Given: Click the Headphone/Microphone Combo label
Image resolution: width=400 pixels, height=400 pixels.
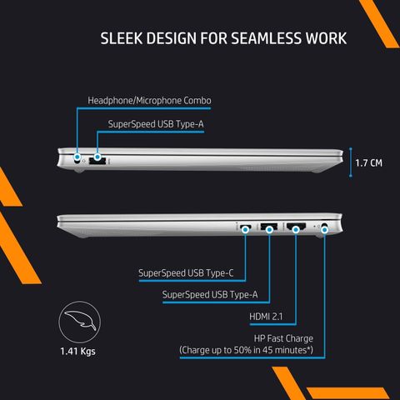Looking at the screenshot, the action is coord(149,101).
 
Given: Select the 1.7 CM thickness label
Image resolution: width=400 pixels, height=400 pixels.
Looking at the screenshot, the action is coord(368,163).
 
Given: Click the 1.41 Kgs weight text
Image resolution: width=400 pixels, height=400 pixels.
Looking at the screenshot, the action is coord(77,352).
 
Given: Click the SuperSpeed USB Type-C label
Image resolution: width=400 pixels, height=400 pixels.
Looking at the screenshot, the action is coord(186,273).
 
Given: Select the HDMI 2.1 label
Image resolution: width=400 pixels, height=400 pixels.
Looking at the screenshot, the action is coord(266,317).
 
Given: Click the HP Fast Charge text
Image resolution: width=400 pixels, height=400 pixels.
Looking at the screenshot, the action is coord(283,338).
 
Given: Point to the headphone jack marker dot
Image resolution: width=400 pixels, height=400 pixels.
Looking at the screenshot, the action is coord(77,157).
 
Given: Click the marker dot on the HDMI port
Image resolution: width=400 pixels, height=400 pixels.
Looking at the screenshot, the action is coord(296,229).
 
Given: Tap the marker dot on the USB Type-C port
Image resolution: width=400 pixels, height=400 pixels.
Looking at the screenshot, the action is coord(245,230).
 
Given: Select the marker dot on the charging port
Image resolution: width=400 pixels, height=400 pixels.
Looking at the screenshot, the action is coord(324,230).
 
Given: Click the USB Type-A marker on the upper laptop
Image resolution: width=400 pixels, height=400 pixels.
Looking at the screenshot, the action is coord(97,157).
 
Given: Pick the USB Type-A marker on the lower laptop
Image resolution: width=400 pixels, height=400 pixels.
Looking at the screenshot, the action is coord(269,230).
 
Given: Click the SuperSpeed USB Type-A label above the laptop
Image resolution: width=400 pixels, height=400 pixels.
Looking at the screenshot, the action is coord(156,124).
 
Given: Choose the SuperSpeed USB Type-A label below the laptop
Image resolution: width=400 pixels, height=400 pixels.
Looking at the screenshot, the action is coord(210,294).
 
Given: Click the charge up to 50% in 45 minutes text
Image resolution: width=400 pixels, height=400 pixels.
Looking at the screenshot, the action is coord(247,350).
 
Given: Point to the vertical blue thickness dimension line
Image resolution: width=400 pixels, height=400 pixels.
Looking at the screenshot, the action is coord(351,162).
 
